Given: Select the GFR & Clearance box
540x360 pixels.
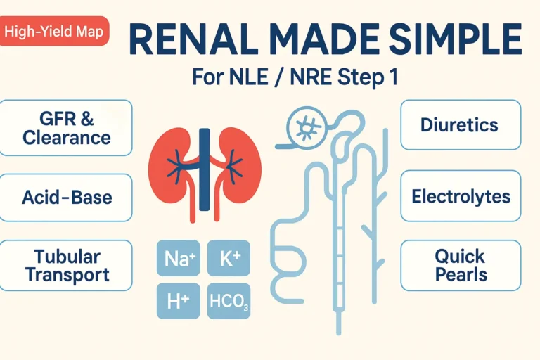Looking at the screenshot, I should point(66,127).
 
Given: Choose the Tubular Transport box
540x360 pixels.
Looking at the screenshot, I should point(66,265).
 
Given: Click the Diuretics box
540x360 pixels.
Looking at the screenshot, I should point(460,125).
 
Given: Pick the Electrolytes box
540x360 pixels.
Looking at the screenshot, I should point(461,195).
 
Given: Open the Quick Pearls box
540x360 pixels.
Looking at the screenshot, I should point(461,265).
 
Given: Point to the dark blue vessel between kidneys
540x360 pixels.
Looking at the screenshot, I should point(205,169).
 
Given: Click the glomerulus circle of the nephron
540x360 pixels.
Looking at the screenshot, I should point(307,127).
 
